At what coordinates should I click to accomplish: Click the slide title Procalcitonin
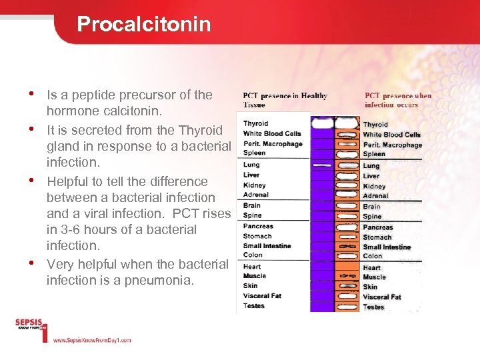143,25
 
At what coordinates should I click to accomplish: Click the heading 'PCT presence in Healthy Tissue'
285,100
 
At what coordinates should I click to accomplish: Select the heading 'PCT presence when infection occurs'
398,100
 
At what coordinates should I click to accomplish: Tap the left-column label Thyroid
255,123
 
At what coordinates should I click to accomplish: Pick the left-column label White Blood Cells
272,133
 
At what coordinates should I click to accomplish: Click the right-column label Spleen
375,155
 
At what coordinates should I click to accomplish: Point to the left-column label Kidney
255,185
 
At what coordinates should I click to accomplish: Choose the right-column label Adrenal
376,196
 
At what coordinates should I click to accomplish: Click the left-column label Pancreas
258,226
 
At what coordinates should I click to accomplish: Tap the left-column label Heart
253,266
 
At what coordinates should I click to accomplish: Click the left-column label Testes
254,306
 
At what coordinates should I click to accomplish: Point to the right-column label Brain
372,207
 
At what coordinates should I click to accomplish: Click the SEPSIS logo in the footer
30,327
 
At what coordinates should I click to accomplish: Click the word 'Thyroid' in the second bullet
201,129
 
